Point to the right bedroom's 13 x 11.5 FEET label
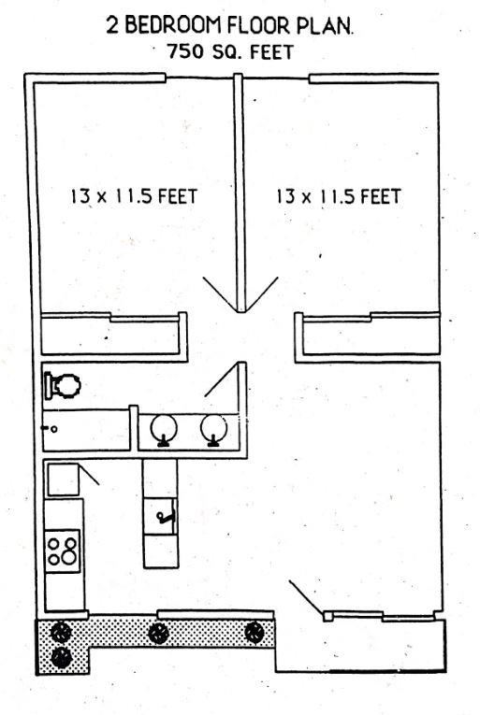click(338, 197)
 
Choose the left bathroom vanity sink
click(164, 430)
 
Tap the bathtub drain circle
click(54, 429)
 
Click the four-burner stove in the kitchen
click(63, 548)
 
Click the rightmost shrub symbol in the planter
click(254, 632)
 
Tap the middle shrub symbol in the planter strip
click(158, 632)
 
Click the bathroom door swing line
click(221, 380)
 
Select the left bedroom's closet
click(112, 335)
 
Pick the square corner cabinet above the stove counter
click(64, 479)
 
